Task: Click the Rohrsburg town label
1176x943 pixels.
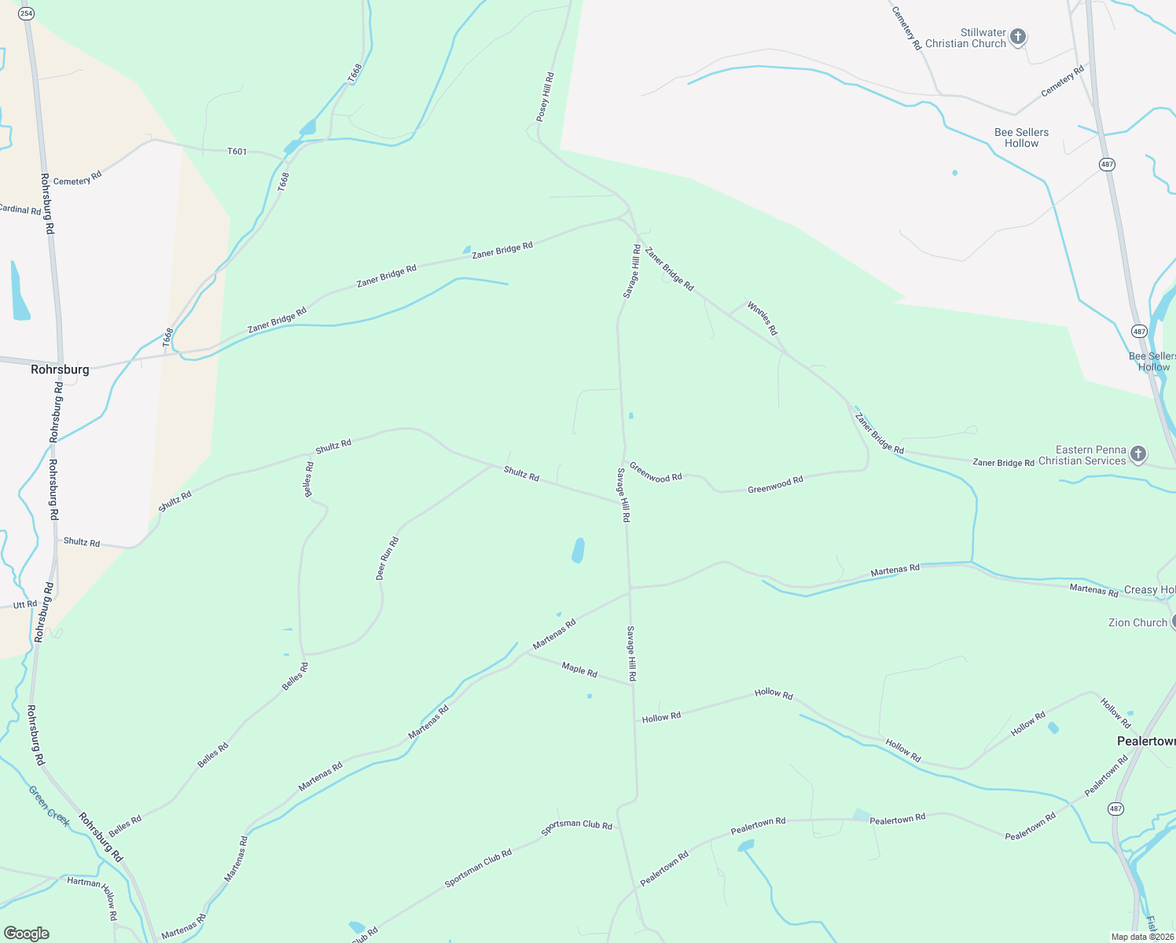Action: (x=60, y=369)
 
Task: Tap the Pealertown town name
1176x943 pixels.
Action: (x=1146, y=741)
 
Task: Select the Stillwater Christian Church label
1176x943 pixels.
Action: (x=965, y=38)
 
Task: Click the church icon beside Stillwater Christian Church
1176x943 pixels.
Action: (x=1018, y=37)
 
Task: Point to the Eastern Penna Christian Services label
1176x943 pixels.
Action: (x=1082, y=456)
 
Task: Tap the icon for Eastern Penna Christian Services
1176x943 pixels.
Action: (x=1137, y=454)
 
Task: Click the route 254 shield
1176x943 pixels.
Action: (x=26, y=14)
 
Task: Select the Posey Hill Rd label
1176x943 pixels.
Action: (x=546, y=97)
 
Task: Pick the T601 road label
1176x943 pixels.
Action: (x=237, y=151)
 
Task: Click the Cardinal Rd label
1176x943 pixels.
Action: (x=20, y=210)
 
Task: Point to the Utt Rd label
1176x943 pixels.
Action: (x=25, y=605)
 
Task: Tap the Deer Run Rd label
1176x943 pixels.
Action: (x=388, y=559)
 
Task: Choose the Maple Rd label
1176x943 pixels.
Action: (x=579, y=670)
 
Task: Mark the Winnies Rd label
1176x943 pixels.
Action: (x=762, y=318)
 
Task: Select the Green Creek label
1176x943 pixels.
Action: (x=49, y=806)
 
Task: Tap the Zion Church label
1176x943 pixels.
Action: (x=1137, y=622)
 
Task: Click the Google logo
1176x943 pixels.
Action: (x=27, y=934)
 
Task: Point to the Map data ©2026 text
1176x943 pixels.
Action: (x=1141, y=937)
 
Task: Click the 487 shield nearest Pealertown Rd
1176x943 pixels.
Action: (x=1116, y=809)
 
